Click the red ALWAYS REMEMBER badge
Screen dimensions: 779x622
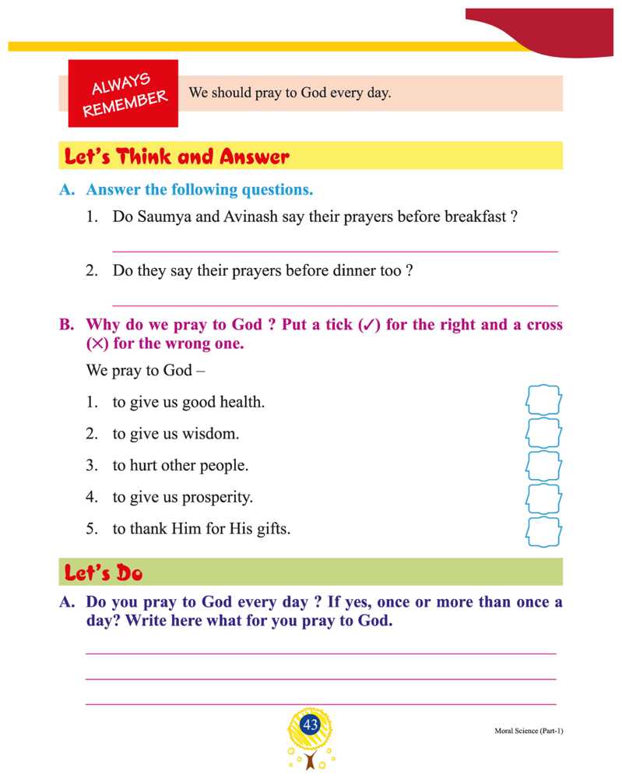(x=123, y=93)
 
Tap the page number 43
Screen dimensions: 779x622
(x=311, y=725)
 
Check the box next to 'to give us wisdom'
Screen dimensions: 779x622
(x=543, y=433)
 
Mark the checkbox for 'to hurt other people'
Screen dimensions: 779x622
(x=543, y=466)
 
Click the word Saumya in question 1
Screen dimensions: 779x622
(x=160, y=217)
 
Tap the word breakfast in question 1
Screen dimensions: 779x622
(x=475, y=217)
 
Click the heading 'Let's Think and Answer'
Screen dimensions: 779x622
(x=177, y=157)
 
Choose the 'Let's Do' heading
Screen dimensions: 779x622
(x=104, y=574)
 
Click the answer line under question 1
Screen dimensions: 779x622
(x=335, y=251)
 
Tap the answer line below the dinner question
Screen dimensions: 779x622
(x=335, y=305)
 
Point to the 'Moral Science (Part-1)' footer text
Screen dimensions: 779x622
(x=528, y=731)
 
